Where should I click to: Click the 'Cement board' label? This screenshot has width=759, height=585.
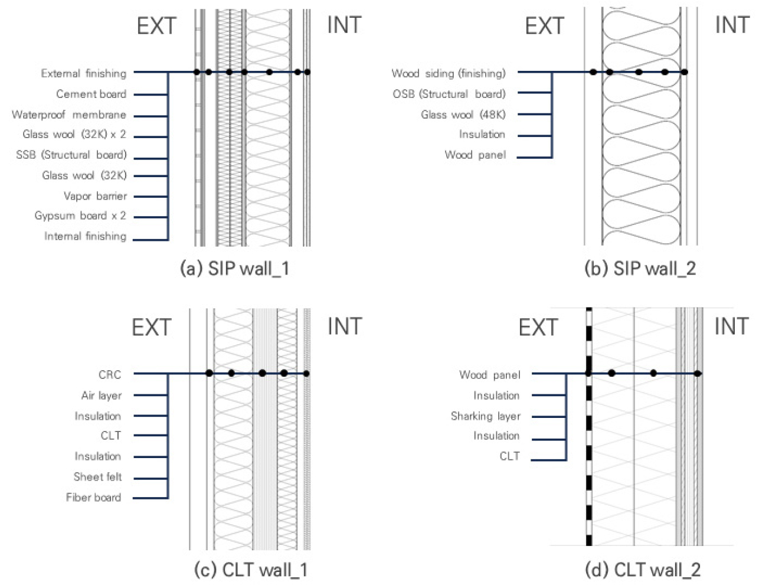pyautogui.click(x=91, y=94)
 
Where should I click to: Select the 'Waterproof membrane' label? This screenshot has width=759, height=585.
pyautogui.click(x=69, y=115)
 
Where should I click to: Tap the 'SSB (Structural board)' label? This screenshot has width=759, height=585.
pyautogui.click(x=71, y=155)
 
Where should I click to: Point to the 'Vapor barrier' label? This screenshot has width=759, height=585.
pyautogui.click(x=95, y=196)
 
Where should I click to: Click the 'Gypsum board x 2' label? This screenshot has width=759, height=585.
pyautogui.click(x=80, y=216)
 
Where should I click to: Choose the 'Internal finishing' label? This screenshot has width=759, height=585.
pyautogui.click(x=85, y=237)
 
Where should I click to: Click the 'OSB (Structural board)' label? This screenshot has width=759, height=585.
pyautogui.click(x=449, y=94)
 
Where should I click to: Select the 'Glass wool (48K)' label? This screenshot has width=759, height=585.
pyautogui.click(x=463, y=115)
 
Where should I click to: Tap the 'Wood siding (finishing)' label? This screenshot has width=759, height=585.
pyautogui.click(x=449, y=74)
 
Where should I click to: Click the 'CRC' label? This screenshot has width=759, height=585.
pyautogui.click(x=110, y=375)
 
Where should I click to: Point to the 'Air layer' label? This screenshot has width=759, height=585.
pyautogui.click(x=102, y=396)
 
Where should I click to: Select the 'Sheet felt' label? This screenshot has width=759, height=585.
pyautogui.click(x=97, y=477)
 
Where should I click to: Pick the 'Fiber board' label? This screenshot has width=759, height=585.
pyautogui.click(x=93, y=498)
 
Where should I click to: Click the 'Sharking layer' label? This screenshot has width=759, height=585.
pyautogui.click(x=486, y=416)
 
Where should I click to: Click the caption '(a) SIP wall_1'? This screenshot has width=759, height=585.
pyautogui.click(x=234, y=269)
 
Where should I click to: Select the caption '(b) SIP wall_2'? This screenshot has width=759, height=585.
pyautogui.click(x=640, y=269)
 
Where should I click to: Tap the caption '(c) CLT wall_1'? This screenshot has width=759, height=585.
pyautogui.click(x=251, y=570)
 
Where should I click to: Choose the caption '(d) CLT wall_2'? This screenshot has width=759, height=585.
pyautogui.click(x=643, y=570)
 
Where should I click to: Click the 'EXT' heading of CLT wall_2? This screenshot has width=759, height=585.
pyautogui.click(x=538, y=327)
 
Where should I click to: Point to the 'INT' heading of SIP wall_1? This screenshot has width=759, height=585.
pyautogui.click(x=344, y=25)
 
